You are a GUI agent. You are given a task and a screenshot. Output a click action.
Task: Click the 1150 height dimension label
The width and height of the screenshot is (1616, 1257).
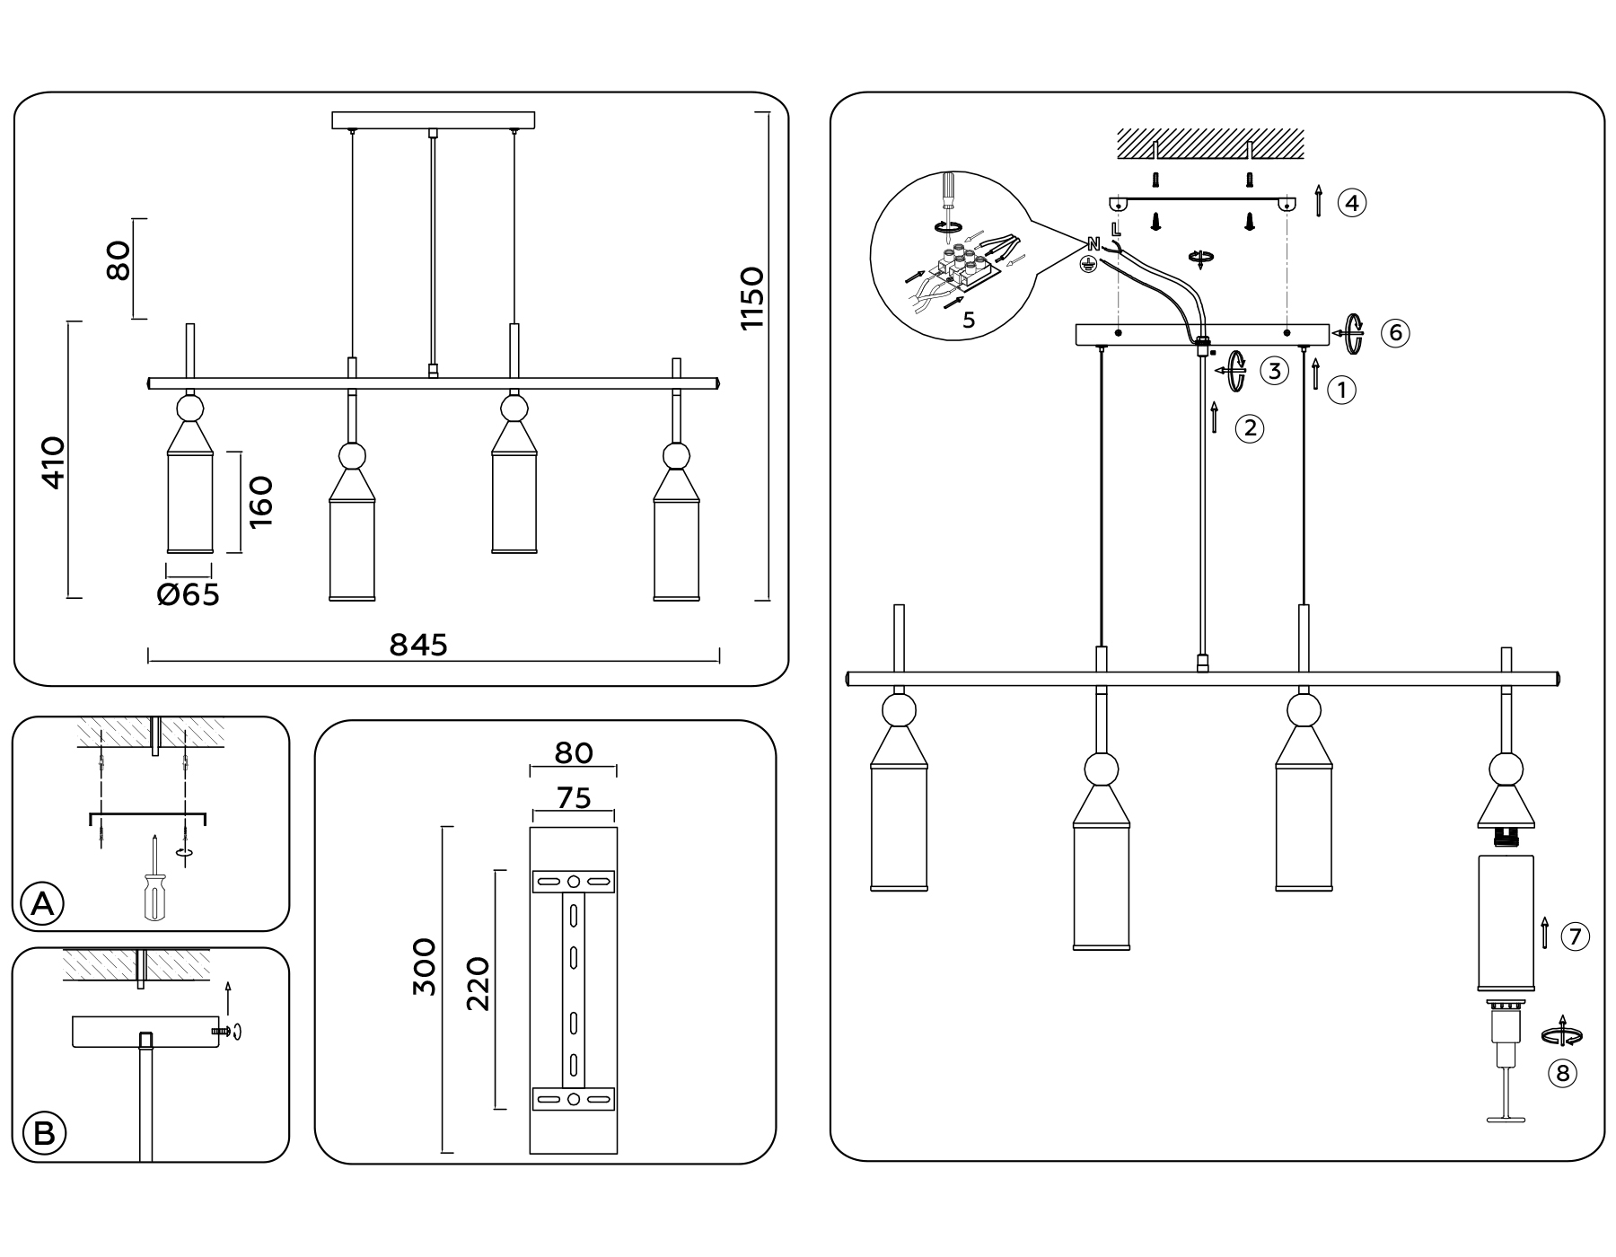(752, 298)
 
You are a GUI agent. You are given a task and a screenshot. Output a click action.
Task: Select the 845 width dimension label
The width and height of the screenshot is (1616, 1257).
(418, 644)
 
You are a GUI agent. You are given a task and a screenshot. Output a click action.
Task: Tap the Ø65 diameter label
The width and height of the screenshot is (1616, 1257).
(189, 594)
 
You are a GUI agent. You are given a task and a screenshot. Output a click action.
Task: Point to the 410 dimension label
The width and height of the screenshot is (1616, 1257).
(54, 462)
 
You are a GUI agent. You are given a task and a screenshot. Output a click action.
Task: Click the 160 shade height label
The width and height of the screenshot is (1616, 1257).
(260, 502)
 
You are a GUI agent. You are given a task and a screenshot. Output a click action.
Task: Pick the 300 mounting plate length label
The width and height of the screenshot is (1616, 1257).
(424, 967)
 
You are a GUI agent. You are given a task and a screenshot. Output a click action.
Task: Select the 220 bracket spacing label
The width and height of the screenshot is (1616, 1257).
(479, 984)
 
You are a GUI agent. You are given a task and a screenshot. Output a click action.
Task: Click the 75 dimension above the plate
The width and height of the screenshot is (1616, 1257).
(574, 797)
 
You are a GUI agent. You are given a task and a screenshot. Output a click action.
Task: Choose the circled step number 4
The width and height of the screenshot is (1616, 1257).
(1352, 203)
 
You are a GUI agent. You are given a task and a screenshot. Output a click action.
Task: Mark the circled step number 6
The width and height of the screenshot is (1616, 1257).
(1395, 333)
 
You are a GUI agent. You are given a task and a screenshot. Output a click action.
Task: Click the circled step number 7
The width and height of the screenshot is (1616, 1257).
(1575, 937)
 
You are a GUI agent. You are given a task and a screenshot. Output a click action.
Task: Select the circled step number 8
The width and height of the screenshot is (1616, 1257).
(1562, 1073)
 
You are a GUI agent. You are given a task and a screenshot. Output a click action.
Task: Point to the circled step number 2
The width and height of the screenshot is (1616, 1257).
(1250, 428)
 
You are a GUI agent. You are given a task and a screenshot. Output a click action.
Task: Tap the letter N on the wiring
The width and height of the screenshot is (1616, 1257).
(1093, 244)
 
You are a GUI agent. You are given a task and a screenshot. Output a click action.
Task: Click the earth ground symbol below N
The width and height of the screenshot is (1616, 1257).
(1088, 264)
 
